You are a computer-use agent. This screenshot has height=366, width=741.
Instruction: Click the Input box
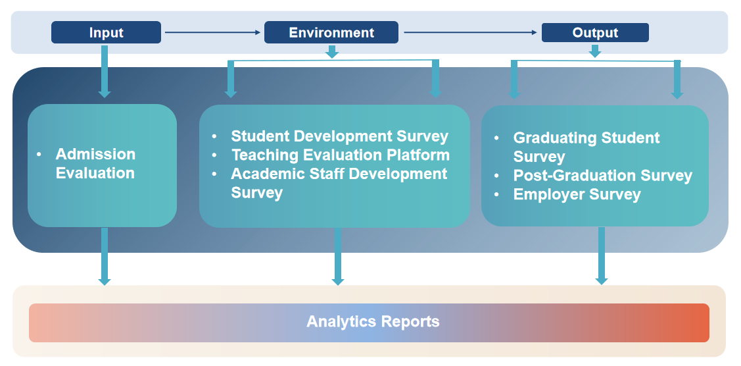[x=106, y=32]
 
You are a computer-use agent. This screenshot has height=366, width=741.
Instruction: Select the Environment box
[x=331, y=32]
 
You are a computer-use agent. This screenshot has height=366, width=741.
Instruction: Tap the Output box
[x=595, y=32]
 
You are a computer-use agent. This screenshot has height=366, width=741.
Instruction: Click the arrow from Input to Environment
[x=212, y=32]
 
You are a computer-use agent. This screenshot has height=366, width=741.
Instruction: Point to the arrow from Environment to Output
[x=470, y=32]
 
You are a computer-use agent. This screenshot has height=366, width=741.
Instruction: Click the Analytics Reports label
[x=373, y=321]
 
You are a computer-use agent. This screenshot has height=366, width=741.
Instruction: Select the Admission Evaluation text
[x=95, y=164]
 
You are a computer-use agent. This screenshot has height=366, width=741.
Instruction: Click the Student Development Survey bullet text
[x=339, y=136]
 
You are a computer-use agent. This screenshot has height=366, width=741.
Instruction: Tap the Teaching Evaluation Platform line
[x=341, y=155]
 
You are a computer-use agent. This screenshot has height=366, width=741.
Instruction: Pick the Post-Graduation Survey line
[x=602, y=176]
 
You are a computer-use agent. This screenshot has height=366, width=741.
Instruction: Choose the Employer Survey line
[x=577, y=194]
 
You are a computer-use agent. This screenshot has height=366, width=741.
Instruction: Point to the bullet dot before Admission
[x=39, y=154]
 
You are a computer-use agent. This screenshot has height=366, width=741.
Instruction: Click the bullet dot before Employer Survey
[x=496, y=194]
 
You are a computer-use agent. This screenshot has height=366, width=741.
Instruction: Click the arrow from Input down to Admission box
[x=105, y=71]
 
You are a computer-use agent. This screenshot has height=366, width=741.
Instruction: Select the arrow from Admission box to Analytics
[x=105, y=257]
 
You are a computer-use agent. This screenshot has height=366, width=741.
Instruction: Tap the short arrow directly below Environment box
[x=332, y=52]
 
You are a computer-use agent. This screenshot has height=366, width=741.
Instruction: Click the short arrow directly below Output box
[x=595, y=51]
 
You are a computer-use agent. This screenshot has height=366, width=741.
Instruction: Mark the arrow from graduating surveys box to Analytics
[x=601, y=256]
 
